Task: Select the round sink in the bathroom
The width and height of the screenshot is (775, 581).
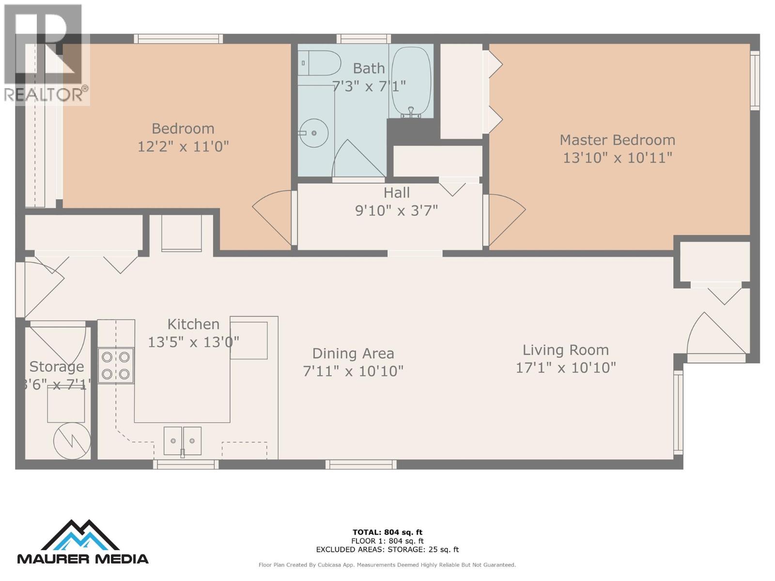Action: pyautogui.click(x=313, y=133)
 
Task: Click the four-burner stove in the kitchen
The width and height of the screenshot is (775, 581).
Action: pyautogui.click(x=116, y=366)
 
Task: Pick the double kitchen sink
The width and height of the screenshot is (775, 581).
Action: pyautogui.click(x=182, y=441)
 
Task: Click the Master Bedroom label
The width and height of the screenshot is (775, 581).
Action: pyautogui.click(x=617, y=140)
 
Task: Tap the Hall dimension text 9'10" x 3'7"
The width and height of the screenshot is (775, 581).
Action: pyautogui.click(x=396, y=211)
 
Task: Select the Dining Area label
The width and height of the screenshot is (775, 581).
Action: pyautogui.click(x=353, y=353)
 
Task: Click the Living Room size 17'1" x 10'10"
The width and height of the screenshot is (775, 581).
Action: pyautogui.click(x=565, y=368)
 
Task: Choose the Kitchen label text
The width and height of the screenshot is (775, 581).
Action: pyautogui.click(x=193, y=324)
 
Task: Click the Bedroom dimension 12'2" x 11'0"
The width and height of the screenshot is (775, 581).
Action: pyautogui.click(x=183, y=146)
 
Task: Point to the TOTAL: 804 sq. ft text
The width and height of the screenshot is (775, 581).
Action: pyautogui.click(x=387, y=532)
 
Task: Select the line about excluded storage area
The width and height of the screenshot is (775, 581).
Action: pyautogui.click(x=387, y=550)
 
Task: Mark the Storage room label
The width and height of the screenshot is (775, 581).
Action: pyautogui.click(x=57, y=367)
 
